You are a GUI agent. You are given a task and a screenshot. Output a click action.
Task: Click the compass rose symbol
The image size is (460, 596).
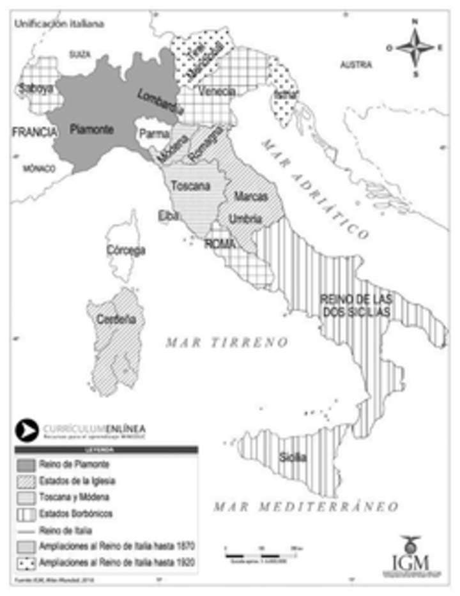(x=415, y=47)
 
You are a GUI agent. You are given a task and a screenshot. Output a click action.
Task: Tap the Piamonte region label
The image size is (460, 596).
(x=91, y=129)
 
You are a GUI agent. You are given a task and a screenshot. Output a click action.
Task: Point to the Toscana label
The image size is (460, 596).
(x=190, y=186)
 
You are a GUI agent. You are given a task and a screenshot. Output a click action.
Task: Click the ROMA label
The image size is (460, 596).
(x=220, y=243)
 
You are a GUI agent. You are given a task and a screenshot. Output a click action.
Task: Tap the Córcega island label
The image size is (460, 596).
(x=126, y=250)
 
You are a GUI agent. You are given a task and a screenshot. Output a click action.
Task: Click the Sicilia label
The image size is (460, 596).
(x=293, y=457)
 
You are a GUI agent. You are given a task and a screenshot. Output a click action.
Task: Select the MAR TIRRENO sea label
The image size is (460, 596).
(x=227, y=342)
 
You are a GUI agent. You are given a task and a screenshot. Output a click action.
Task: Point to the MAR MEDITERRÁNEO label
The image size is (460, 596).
(x=305, y=507)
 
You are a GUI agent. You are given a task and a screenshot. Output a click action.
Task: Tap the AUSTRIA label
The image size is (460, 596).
(x=356, y=65)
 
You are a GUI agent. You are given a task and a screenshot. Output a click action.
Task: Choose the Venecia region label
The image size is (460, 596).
(x=217, y=92)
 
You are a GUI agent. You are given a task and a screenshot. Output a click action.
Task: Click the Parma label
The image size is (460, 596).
(x=154, y=134)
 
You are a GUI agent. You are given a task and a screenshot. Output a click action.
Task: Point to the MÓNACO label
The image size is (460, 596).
(x=39, y=169)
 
